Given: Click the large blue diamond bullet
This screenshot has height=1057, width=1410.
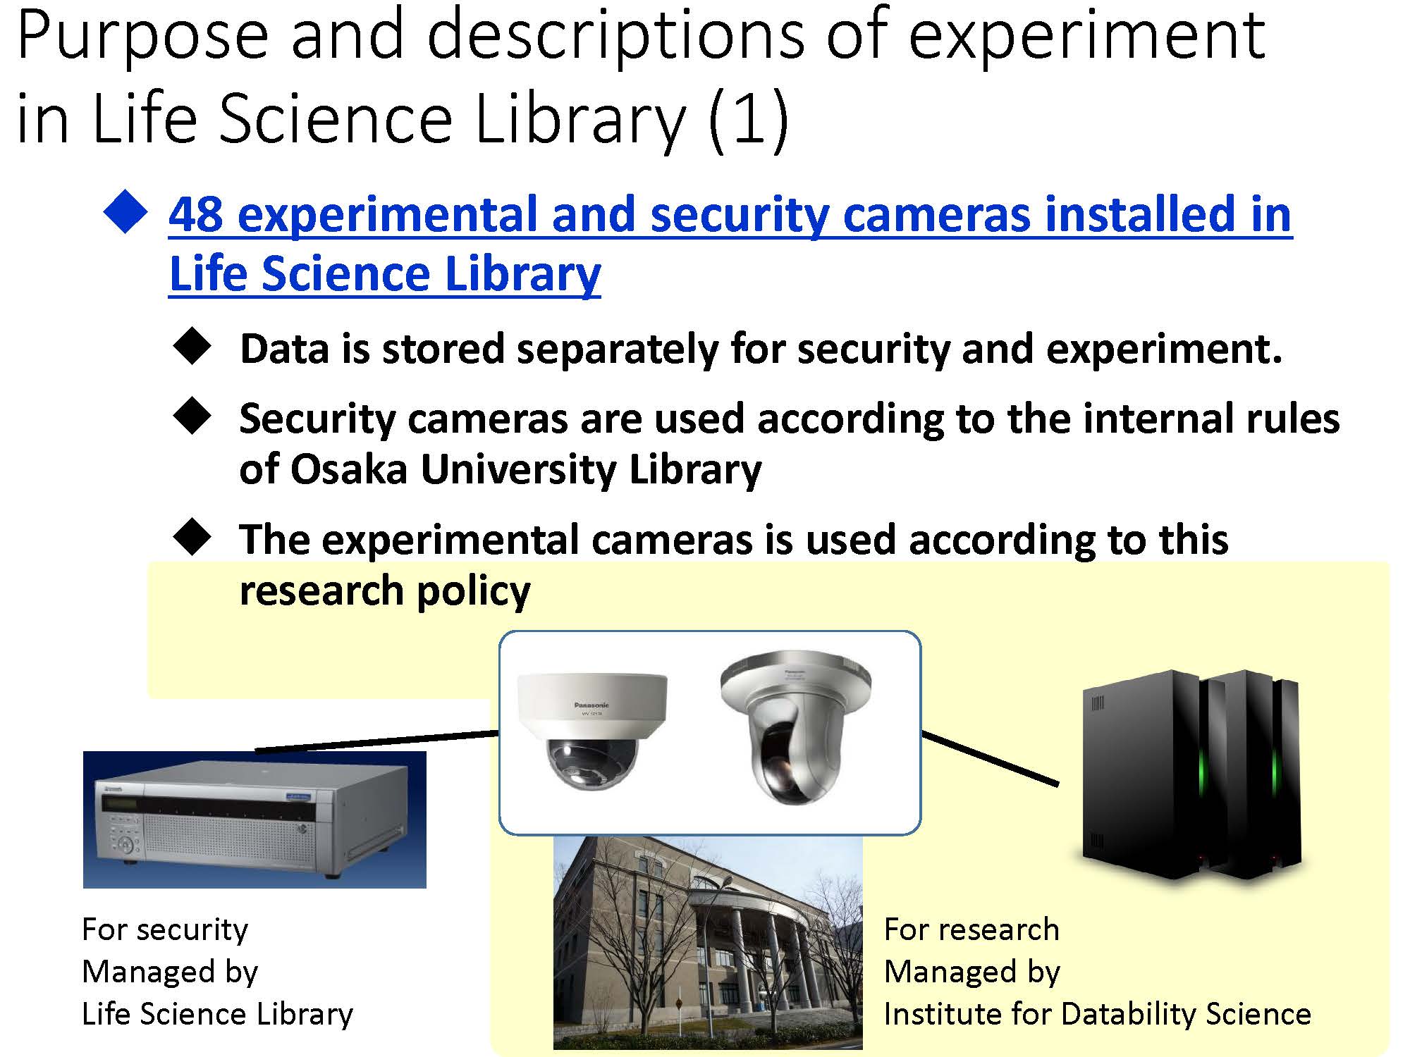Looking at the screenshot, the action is point(125,211).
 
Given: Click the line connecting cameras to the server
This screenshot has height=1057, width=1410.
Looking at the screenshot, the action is point(990,758).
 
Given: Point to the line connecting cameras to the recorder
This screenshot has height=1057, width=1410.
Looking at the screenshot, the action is point(376,741).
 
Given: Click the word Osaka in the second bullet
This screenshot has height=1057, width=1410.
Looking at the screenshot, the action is point(348,469).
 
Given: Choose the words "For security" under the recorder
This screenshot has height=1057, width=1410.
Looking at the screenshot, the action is point(165,930).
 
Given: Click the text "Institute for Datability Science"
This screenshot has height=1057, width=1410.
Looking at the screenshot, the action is point(1097,1015).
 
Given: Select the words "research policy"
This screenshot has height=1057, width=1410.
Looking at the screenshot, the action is point(385,591).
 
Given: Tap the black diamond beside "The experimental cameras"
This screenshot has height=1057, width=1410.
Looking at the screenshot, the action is point(192,538).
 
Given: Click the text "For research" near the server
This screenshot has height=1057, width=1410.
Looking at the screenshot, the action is point(971,930).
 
